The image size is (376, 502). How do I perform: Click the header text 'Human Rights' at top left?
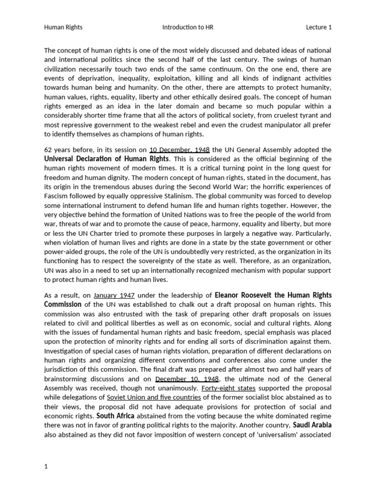click(x=63, y=27)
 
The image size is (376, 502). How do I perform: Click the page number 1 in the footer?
click(x=46, y=466)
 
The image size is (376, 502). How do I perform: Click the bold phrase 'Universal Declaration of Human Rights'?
click(x=107, y=159)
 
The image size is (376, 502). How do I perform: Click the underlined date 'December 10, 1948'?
click(x=187, y=379)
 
